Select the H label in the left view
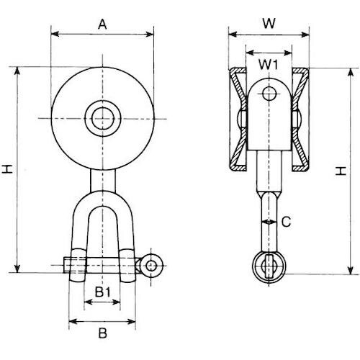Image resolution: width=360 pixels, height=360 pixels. click(x=7, y=169)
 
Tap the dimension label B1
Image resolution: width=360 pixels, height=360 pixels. click(x=102, y=293)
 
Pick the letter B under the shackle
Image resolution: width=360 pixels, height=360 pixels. click(x=102, y=333)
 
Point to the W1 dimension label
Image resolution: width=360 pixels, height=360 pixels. click(x=269, y=66)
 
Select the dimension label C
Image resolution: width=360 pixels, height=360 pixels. click(x=285, y=223)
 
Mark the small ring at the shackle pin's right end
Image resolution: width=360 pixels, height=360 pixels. click(x=150, y=266)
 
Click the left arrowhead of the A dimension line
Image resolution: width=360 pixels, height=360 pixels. click(x=54, y=33)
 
